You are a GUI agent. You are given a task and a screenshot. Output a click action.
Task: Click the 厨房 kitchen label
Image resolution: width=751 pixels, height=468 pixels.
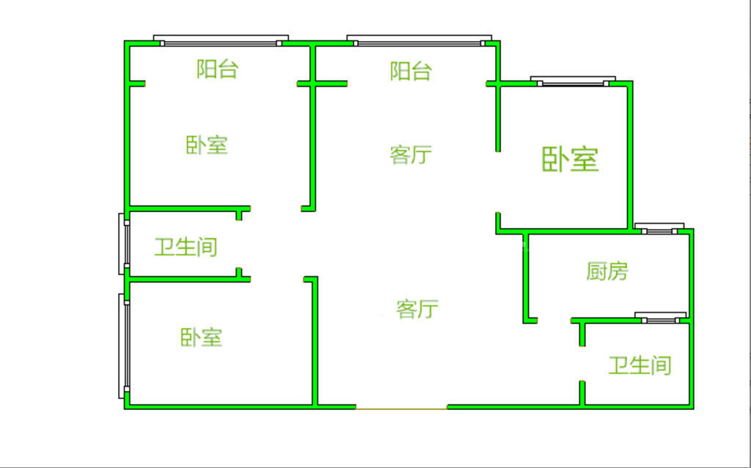607,271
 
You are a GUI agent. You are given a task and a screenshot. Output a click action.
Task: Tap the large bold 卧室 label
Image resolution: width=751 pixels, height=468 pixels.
571,159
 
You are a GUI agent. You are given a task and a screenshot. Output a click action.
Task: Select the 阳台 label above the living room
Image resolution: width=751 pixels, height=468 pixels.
411,71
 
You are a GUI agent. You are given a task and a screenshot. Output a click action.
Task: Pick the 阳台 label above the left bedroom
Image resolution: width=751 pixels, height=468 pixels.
217,70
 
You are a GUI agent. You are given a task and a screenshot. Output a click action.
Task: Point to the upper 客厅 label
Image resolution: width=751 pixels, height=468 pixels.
411,155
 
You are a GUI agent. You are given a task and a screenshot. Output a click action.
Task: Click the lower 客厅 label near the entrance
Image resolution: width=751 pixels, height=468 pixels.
417,309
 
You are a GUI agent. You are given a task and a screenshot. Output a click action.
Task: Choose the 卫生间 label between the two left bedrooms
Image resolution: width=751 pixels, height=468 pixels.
186,246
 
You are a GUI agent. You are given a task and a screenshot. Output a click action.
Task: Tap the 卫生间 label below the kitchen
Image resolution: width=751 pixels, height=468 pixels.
640,365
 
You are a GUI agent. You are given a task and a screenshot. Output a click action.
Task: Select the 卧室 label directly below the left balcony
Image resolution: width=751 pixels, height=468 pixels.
206,145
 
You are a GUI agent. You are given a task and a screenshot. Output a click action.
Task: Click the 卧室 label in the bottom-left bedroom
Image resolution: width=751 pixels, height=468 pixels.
201,337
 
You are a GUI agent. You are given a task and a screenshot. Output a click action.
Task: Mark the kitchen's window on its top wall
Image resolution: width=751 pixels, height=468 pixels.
659,229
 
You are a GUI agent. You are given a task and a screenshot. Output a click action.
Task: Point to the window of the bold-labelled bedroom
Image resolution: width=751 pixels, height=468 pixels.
573,81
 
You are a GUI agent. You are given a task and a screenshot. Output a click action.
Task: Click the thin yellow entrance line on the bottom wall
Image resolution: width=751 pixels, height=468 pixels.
402,407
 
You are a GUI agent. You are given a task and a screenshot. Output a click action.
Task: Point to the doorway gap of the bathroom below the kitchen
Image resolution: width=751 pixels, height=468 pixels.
582,363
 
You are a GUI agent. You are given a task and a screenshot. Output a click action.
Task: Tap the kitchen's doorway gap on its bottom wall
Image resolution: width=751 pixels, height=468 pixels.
554,320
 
